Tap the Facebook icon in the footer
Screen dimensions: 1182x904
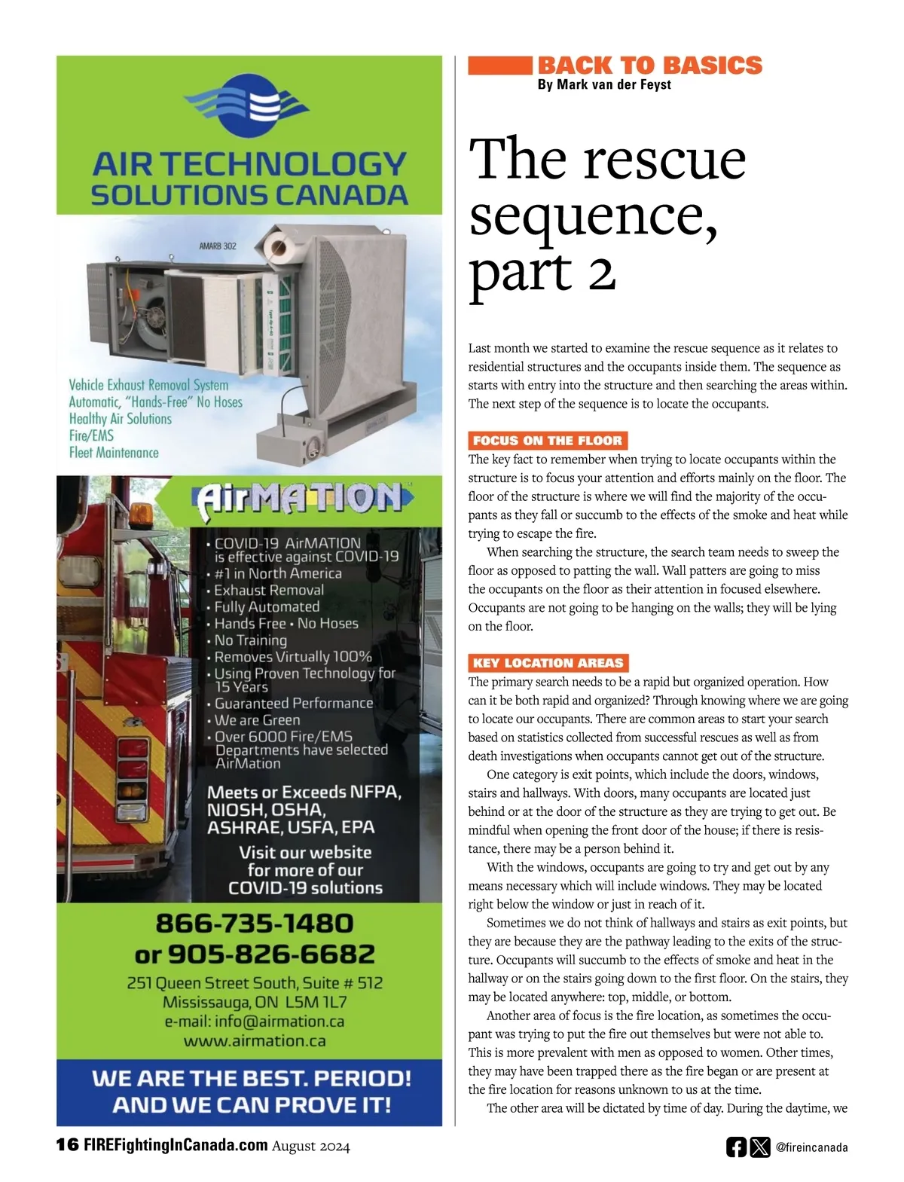(736, 1147)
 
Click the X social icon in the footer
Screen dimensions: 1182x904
(760, 1147)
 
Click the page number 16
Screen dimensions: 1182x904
(67, 1145)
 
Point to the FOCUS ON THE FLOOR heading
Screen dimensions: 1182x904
(548, 441)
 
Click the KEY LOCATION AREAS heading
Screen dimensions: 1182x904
(548, 663)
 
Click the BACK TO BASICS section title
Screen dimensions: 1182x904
(649, 66)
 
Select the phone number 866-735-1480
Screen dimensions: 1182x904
(254, 923)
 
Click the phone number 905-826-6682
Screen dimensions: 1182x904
(270, 954)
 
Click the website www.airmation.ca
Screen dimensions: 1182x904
(255, 1041)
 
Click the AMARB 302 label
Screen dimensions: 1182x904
(217, 246)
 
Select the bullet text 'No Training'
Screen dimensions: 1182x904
(250, 640)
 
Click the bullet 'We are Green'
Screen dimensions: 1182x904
(257, 720)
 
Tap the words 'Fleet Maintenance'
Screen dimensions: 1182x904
(114, 453)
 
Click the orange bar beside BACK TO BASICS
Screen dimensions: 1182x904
(499, 66)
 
